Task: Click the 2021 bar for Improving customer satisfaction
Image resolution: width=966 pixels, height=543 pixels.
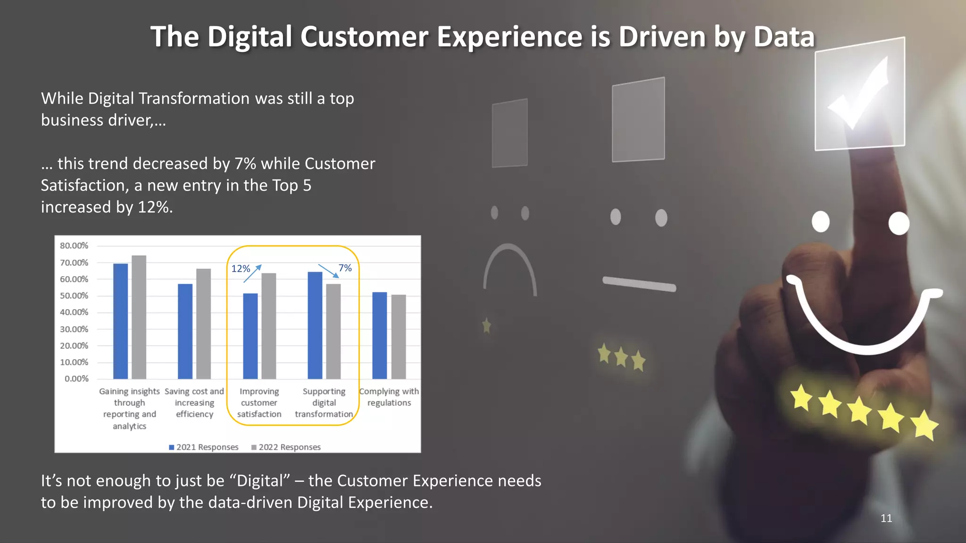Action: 250,336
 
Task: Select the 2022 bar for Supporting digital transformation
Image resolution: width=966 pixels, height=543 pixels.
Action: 333,331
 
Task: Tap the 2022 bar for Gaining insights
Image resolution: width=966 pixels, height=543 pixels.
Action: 139,317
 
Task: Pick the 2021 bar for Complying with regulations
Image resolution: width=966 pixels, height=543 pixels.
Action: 379,335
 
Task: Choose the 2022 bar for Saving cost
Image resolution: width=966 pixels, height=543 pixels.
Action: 203,323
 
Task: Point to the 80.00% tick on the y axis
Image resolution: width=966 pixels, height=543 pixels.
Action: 74,246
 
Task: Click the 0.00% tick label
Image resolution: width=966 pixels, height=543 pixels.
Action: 76,379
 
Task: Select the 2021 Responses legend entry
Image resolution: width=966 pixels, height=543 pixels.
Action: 204,447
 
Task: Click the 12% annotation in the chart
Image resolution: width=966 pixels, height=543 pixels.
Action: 241,269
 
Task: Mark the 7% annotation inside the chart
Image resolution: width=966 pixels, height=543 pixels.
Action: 345,268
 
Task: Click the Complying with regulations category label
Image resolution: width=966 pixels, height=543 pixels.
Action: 389,397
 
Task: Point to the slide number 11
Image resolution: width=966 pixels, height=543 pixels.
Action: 886,518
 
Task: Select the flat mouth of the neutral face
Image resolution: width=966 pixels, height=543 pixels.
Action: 639,284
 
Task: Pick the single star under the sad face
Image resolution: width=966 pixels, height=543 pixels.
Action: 486,325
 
